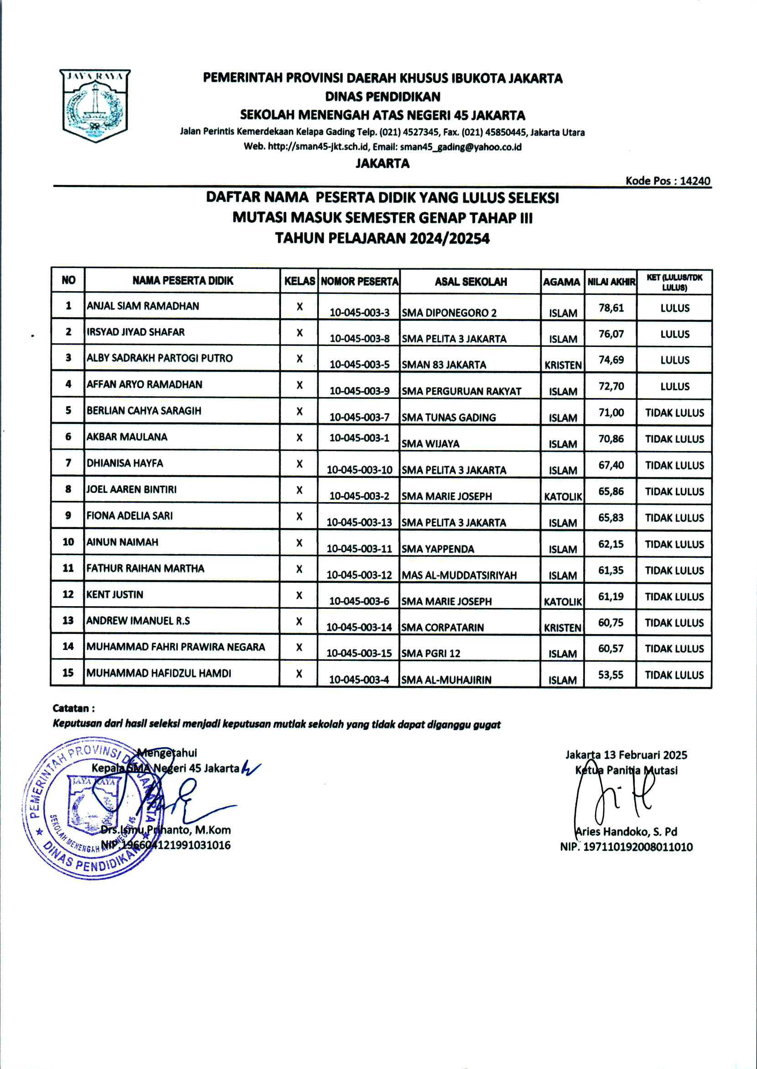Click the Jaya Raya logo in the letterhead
coord(95,105)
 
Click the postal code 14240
coord(694,181)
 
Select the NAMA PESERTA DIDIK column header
coord(183,281)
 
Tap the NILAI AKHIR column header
coord(611,282)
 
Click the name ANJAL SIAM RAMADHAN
coord(143,306)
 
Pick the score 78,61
coord(611,308)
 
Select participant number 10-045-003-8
coord(360,339)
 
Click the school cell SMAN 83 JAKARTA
coord(444,365)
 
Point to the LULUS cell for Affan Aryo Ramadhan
coord(674,387)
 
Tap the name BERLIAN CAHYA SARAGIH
coord(144,411)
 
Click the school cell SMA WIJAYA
coord(430,444)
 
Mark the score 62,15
coord(611,544)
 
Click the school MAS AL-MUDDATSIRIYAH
coord(459,575)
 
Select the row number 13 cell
coord(68,620)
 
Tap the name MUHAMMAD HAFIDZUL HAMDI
coord(158,673)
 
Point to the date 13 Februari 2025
coord(645,755)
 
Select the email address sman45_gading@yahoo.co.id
coord(460,147)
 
